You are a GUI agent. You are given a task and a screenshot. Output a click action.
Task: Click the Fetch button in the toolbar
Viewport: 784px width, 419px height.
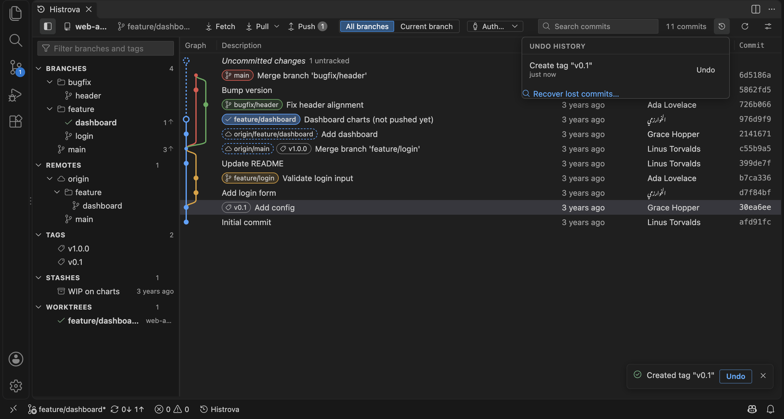[x=221, y=27]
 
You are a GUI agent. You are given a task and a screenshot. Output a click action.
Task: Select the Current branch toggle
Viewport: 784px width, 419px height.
[x=426, y=27]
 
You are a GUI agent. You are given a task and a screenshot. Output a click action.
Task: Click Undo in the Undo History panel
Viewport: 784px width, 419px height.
[x=706, y=70]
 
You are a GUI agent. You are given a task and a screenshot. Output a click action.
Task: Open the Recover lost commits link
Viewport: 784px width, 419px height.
[x=576, y=94]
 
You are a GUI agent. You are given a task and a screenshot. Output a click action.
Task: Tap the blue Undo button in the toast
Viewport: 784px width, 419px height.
[x=736, y=376]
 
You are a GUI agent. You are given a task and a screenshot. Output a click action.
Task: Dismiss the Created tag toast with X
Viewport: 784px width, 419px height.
[x=763, y=376]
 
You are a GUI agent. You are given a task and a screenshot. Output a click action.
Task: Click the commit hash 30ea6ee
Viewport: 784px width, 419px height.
[x=755, y=207]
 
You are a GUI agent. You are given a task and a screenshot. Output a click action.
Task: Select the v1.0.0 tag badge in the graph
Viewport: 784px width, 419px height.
[x=294, y=149]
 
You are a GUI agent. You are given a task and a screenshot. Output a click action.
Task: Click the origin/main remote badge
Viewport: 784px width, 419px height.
[x=248, y=149]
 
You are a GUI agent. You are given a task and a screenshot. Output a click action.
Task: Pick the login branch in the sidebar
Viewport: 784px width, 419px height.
[x=84, y=136]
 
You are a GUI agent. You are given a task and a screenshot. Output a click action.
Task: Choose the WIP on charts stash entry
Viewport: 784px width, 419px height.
[x=94, y=291]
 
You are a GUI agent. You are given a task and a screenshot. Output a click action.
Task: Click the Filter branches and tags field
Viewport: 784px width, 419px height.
[x=106, y=49]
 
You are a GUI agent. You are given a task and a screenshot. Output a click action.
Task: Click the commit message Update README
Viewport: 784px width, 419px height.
[x=253, y=164]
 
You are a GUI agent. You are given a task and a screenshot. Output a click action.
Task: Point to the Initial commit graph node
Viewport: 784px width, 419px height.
[x=186, y=222]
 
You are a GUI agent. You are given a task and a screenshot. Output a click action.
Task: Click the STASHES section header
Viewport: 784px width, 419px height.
[x=63, y=278]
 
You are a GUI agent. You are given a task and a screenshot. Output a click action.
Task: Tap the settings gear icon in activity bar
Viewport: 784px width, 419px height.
[x=16, y=386]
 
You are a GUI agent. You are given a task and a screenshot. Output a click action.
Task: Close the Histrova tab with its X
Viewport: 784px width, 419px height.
[x=89, y=9]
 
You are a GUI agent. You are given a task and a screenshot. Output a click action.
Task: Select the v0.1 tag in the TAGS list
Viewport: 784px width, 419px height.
[x=75, y=262]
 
